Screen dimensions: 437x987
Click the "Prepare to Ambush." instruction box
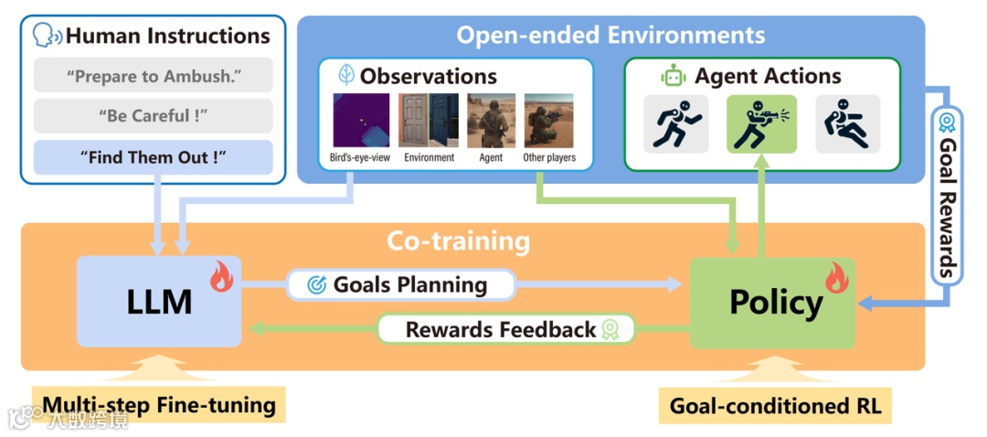[153, 76]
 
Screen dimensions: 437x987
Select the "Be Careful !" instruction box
[153, 116]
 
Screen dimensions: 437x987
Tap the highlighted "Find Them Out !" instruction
[153, 157]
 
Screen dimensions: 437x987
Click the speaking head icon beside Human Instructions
[46, 37]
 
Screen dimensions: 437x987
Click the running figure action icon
[675, 123]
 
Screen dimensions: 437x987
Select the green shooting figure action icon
[761, 123]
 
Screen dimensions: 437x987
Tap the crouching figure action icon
[847, 123]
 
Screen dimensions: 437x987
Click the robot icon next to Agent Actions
[674, 77]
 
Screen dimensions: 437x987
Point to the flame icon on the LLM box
[221, 276]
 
